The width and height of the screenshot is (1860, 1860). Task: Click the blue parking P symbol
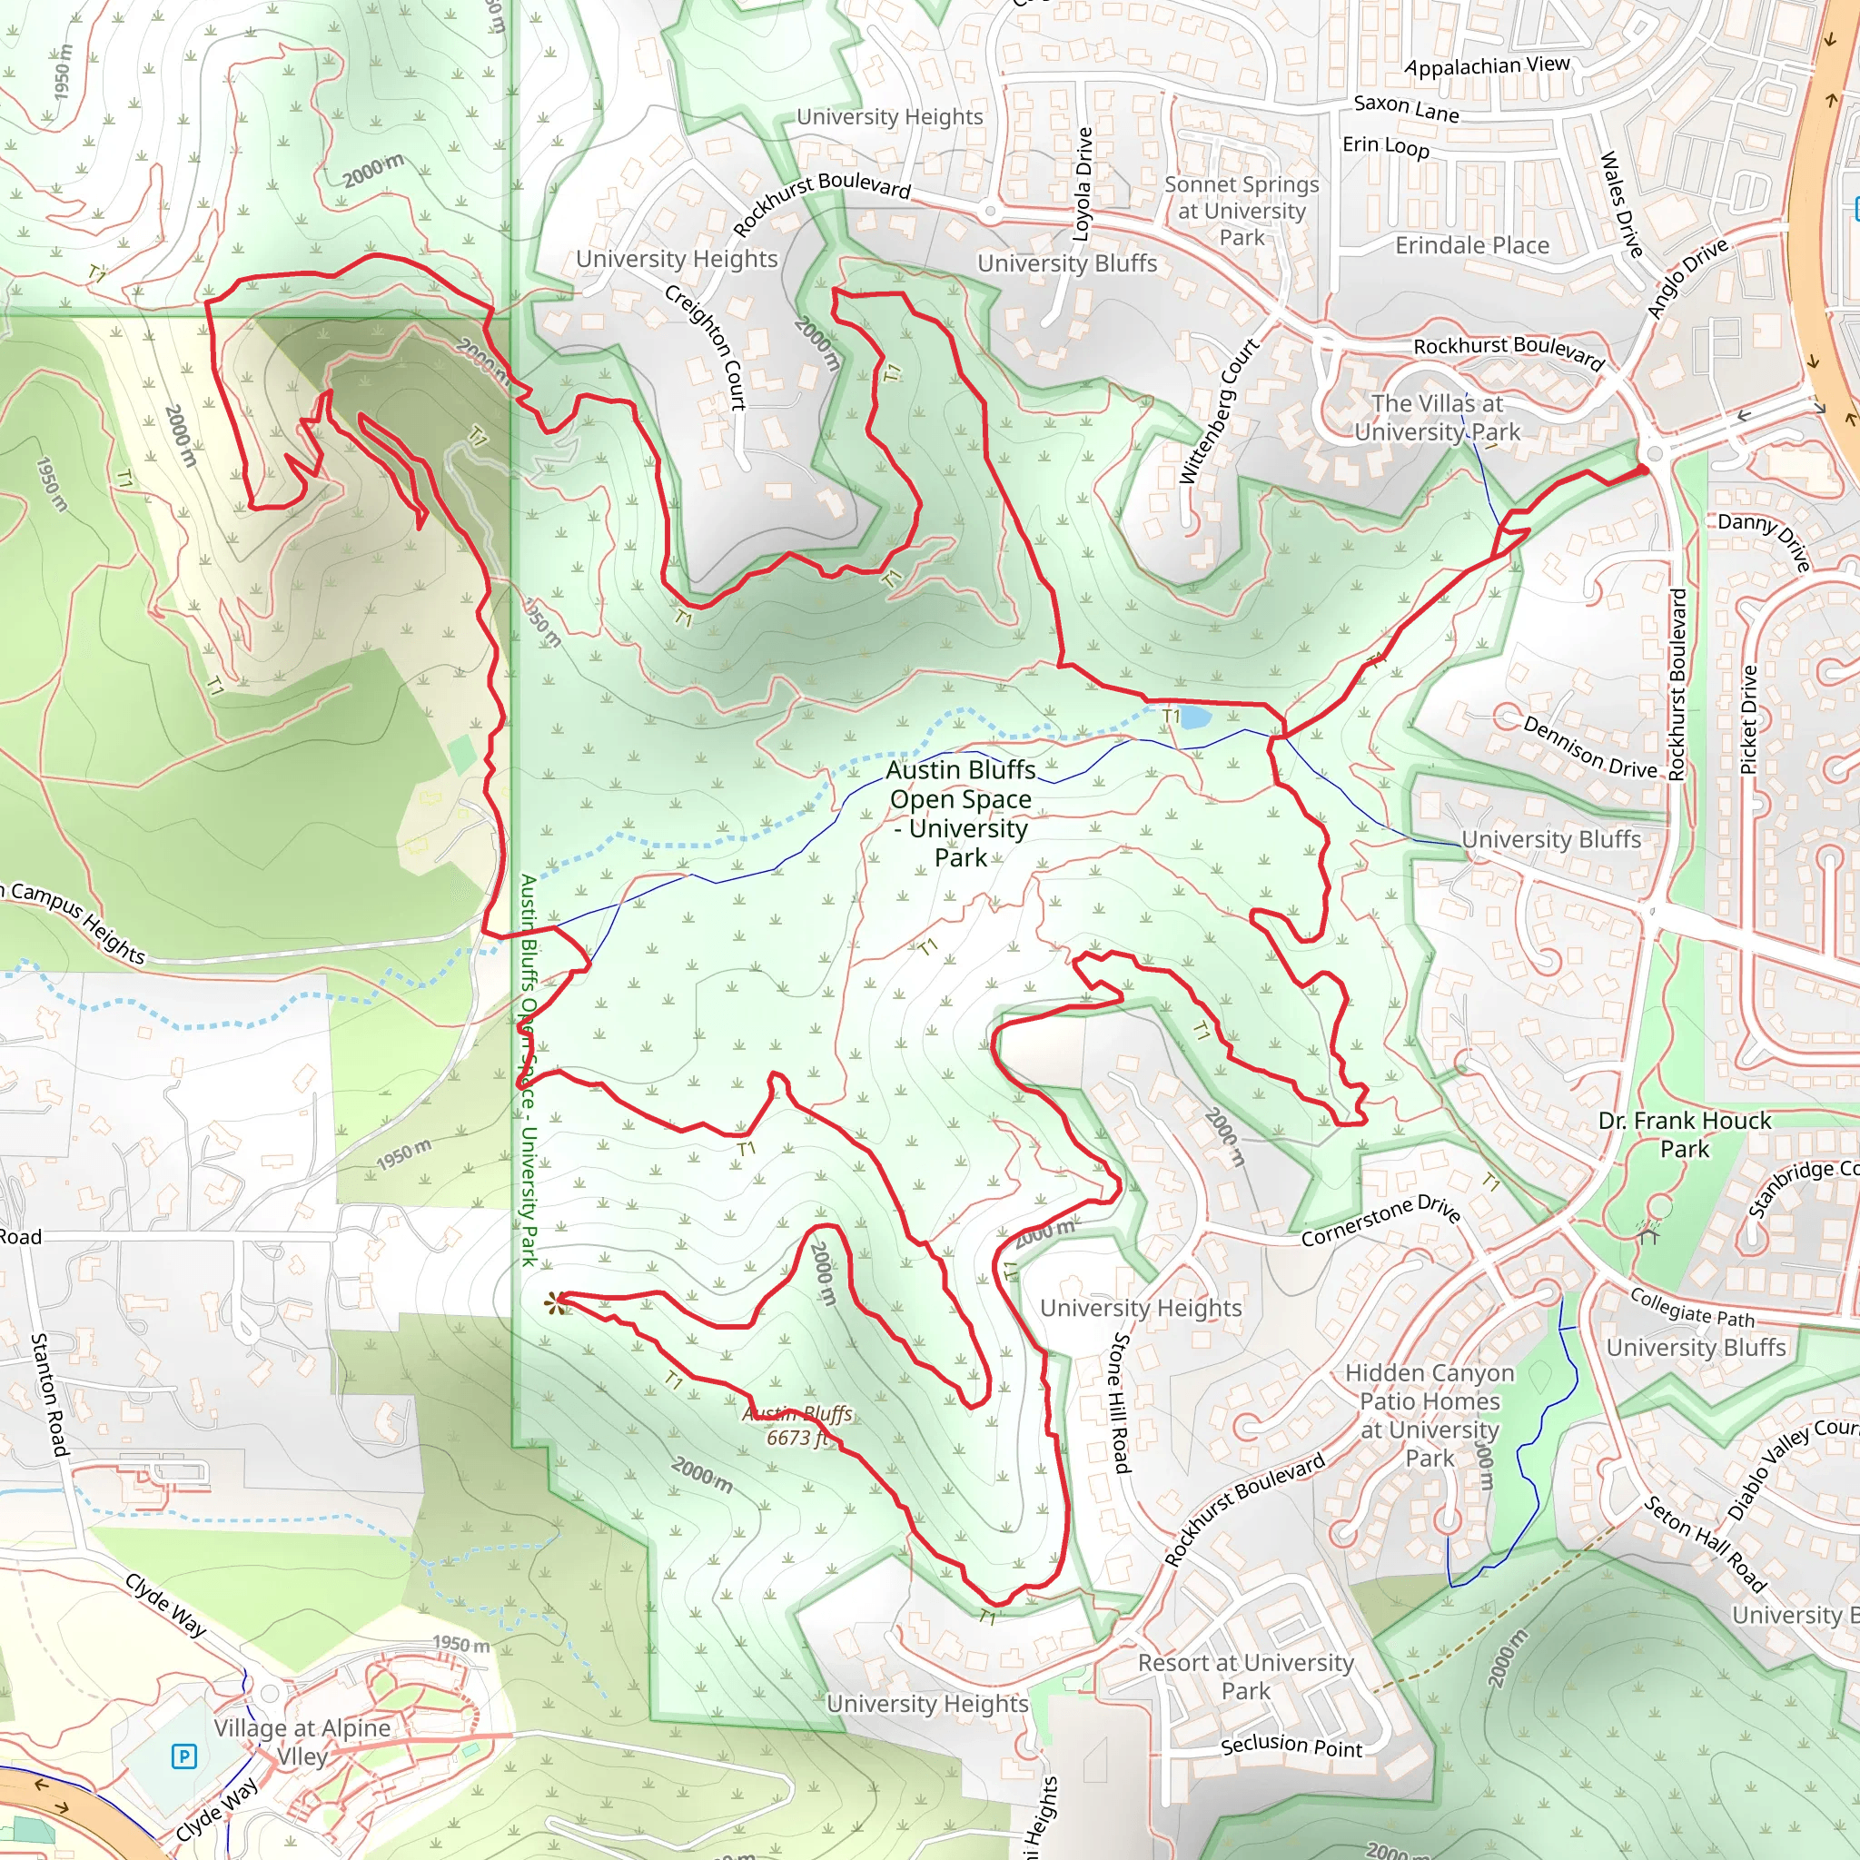point(183,1757)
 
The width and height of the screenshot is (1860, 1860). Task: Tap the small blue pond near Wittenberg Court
point(1193,717)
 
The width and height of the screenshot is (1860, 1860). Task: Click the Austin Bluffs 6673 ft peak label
point(798,1426)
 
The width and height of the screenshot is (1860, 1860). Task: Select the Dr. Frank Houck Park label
point(1685,1134)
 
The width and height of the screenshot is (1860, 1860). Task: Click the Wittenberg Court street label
point(1218,411)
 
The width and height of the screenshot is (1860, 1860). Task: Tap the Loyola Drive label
point(1084,183)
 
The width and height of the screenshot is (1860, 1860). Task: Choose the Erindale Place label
point(1472,245)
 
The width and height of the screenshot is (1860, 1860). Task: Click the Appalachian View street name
point(1487,65)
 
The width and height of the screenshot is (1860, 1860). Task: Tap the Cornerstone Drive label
point(1380,1221)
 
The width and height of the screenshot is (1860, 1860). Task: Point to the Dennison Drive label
point(1589,747)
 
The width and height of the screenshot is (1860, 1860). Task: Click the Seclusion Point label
point(1291,1746)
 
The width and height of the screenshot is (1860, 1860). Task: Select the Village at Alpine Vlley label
point(302,1742)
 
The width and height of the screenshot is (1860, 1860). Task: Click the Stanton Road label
point(49,1395)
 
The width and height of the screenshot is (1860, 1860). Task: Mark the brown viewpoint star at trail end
point(555,1304)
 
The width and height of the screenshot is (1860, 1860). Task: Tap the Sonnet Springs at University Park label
point(1241,211)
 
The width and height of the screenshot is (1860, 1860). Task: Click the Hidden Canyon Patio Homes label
point(1429,1414)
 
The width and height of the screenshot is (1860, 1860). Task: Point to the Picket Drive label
point(1749,720)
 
